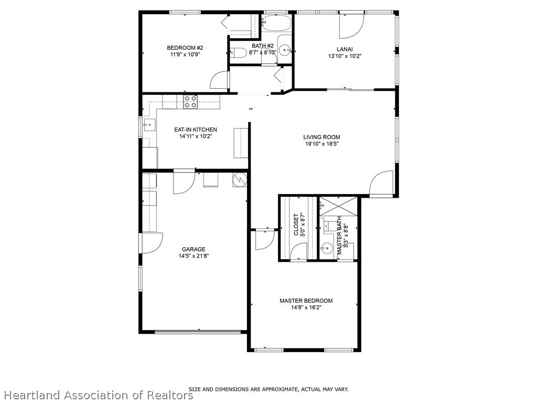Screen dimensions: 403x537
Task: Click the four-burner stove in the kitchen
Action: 190,102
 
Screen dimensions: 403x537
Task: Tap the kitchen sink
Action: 147,125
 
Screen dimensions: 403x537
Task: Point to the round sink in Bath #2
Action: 285,51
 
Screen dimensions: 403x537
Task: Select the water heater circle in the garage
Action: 239,179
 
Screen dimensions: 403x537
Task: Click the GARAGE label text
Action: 194,249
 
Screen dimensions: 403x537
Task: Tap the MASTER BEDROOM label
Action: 306,301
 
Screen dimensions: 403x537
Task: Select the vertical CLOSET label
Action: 296,225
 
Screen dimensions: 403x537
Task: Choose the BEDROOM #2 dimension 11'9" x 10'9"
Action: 185,54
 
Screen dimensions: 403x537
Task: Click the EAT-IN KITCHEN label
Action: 196,130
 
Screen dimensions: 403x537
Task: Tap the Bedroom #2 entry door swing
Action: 220,80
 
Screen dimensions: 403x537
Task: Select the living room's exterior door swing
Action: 382,183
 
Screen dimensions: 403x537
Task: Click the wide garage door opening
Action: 198,331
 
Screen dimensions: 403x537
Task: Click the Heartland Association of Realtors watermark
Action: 98,395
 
